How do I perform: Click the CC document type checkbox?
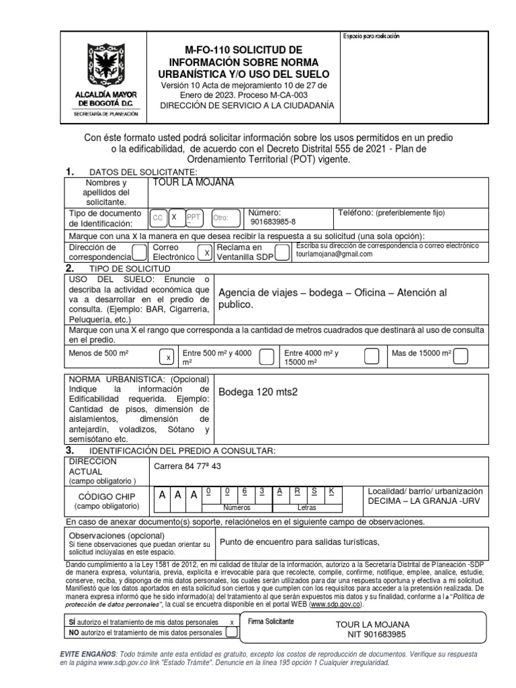point(158,218)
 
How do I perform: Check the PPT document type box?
point(193,218)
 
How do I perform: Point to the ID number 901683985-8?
point(272,222)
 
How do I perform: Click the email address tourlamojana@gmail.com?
point(334,255)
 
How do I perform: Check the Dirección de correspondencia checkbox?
point(139,252)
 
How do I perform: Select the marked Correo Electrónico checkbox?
point(208,253)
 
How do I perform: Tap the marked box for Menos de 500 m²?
point(169,356)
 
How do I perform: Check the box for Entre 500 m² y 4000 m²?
point(266,356)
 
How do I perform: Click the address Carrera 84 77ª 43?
point(187,466)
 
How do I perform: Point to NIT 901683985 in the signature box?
point(372,634)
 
